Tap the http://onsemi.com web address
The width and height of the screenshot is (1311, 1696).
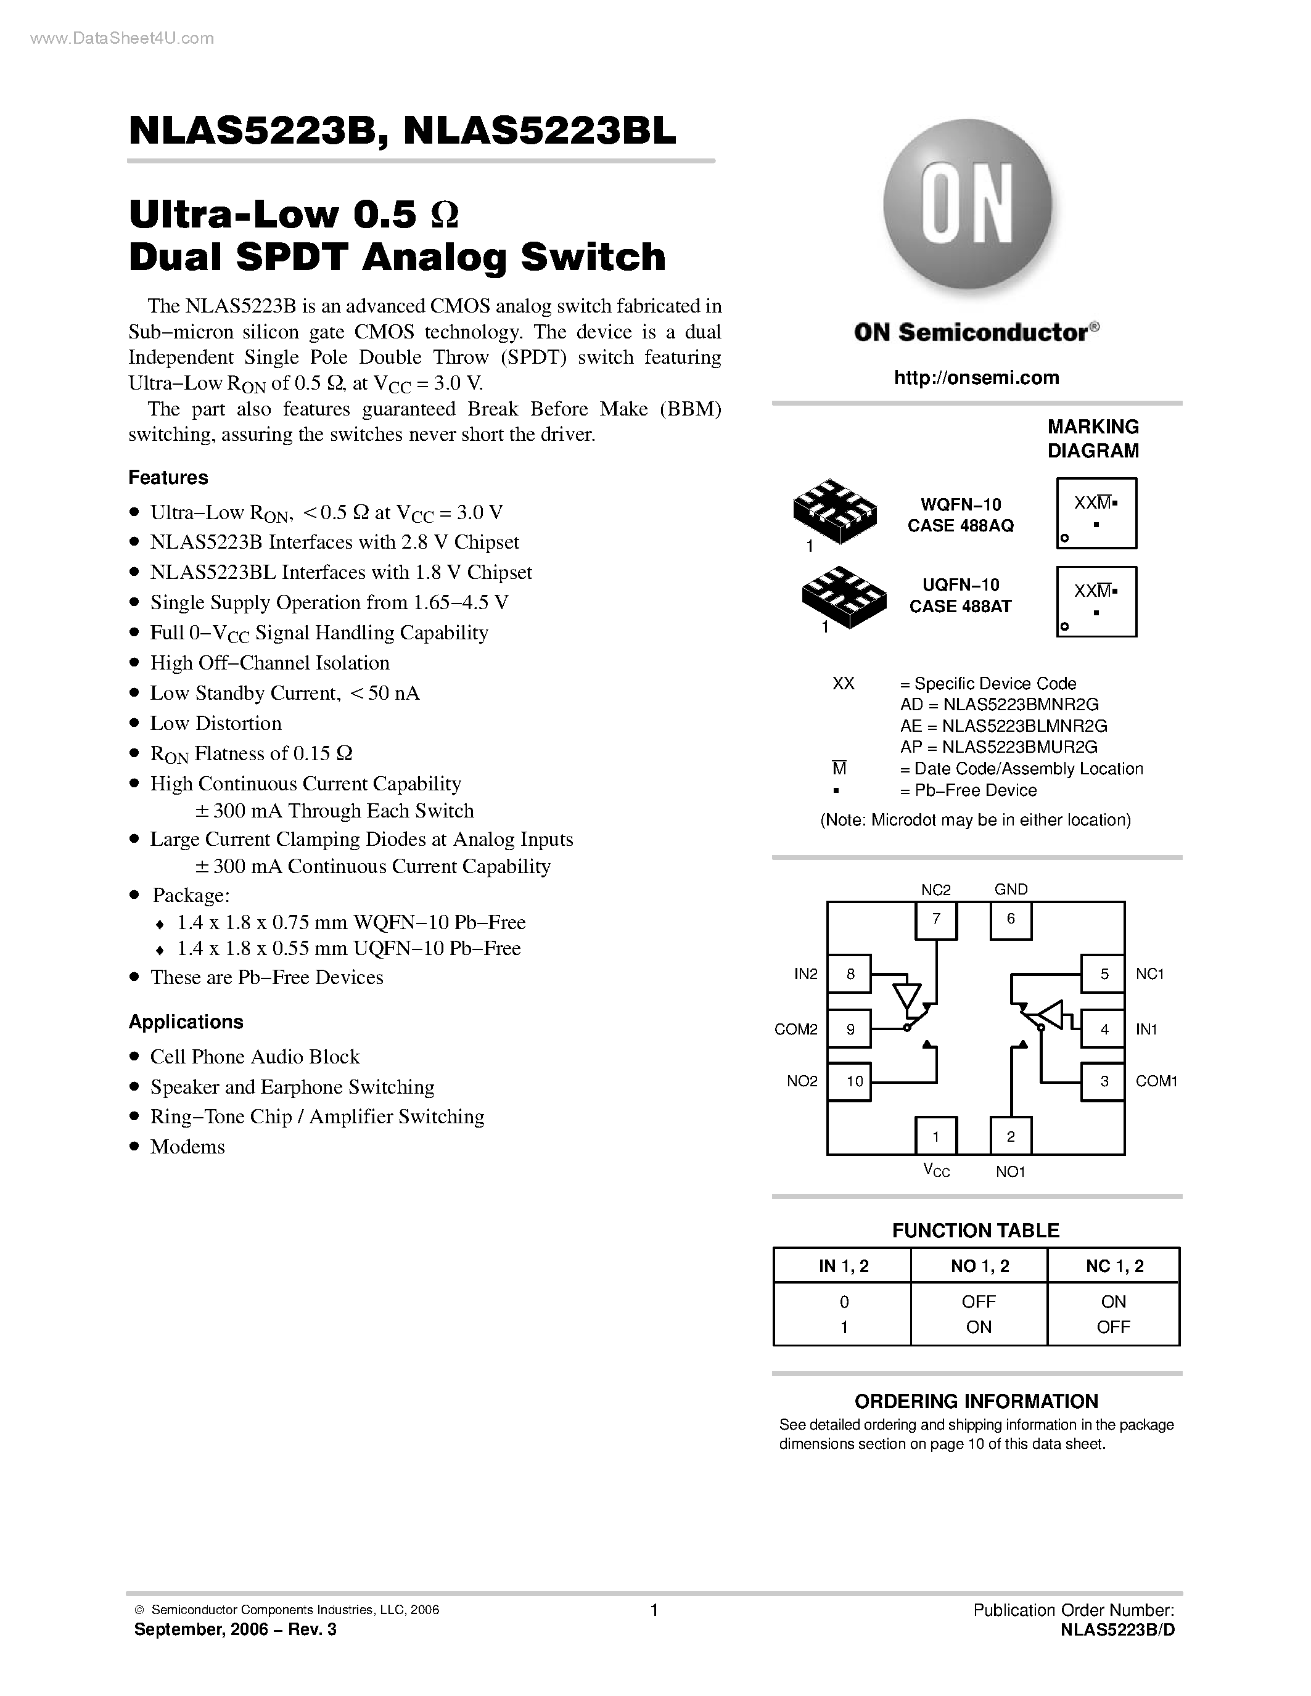[x=976, y=378]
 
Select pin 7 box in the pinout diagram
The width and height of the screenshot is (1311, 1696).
[x=936, y=919]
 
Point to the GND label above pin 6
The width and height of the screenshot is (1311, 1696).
[x=1011, y=889]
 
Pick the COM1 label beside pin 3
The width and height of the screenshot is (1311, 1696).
[x=1156, y=1081]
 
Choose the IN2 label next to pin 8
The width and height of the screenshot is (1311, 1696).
[x=806, y=974]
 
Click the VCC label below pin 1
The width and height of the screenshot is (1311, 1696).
[x=936, y=1170]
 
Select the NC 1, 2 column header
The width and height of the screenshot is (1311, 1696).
[x=1114, y=1266]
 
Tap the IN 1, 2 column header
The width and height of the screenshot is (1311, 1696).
[x=844, y=1266]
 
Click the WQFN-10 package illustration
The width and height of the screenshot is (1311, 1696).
[x=834, y=511]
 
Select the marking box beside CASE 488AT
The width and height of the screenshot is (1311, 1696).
[x=1096, y=602]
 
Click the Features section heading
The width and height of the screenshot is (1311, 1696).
[x=168, y=478]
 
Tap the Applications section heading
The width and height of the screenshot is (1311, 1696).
[x=186, y=1022]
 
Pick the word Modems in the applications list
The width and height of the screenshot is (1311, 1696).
[x=187, y=1147]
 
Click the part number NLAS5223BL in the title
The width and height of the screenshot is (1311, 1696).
[x=540, y=131]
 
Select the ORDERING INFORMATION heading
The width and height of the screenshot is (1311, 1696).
[x=976, y=1402]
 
